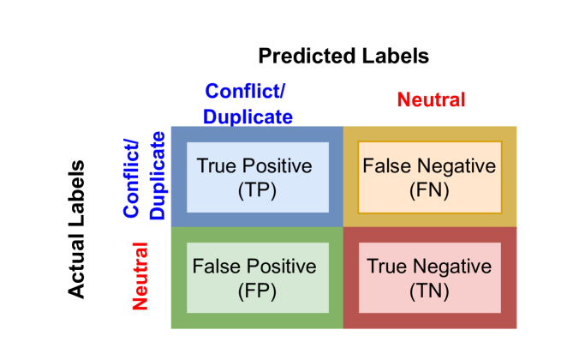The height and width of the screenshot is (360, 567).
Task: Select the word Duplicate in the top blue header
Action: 248,117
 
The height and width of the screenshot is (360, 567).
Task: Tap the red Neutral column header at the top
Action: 431,100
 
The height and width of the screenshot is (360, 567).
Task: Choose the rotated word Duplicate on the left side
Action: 157,177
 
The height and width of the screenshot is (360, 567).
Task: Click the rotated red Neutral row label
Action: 140,275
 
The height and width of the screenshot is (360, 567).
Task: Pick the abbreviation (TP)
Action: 257,190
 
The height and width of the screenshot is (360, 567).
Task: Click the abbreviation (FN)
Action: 429,190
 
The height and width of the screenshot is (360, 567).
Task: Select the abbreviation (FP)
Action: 257,291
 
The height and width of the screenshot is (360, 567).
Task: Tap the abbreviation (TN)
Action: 429,291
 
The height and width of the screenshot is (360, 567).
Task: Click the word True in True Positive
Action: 215,166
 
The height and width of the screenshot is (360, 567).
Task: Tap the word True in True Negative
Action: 386,267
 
